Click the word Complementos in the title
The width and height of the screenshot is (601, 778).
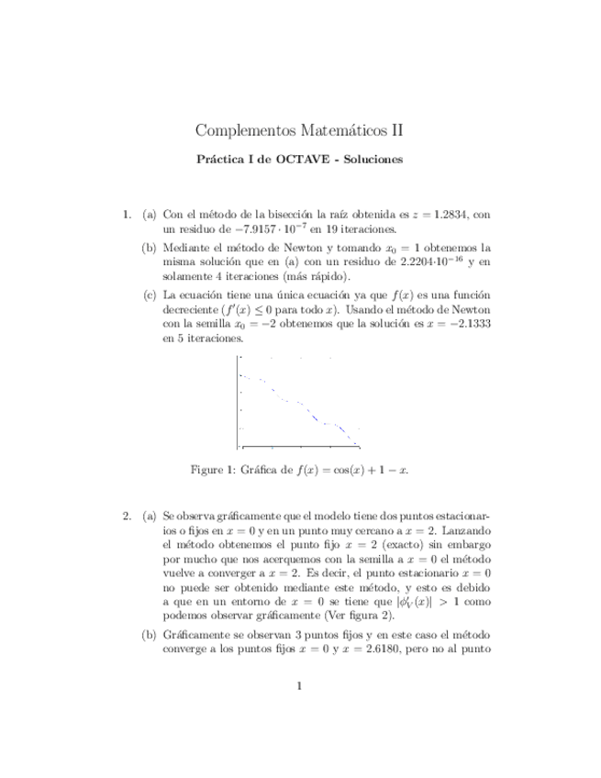click(x=241, y=131)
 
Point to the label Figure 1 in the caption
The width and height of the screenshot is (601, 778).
click(x=212, y=470)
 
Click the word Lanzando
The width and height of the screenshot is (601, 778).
click(x=465, y=529)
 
